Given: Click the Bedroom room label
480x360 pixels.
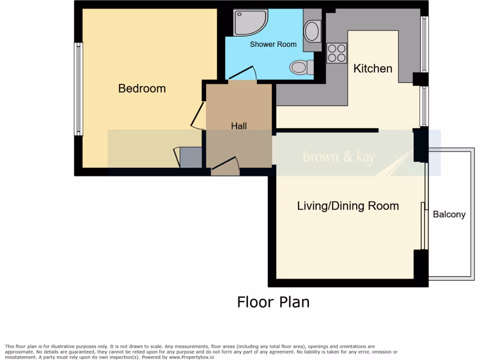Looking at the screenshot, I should pos(142,88).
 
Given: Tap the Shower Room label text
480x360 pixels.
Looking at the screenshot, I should pos(273,44).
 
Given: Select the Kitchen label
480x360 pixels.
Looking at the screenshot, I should pos(373,68).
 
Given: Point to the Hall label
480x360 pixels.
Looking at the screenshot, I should pos(239,126).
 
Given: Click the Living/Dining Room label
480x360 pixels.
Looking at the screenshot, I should pos(348,206).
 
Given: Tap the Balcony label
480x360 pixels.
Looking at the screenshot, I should pos(449,214).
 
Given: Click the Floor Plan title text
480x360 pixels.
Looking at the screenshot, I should pos(273,302).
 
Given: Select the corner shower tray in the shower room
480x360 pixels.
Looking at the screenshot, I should pos(249,22).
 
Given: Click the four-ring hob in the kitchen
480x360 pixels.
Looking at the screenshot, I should pos(336,52).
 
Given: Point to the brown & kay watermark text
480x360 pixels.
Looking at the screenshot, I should pos(338,157).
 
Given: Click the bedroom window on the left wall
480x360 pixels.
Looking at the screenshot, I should pos(78,89).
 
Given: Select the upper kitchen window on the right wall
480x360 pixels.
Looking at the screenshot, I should pos(424,44).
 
